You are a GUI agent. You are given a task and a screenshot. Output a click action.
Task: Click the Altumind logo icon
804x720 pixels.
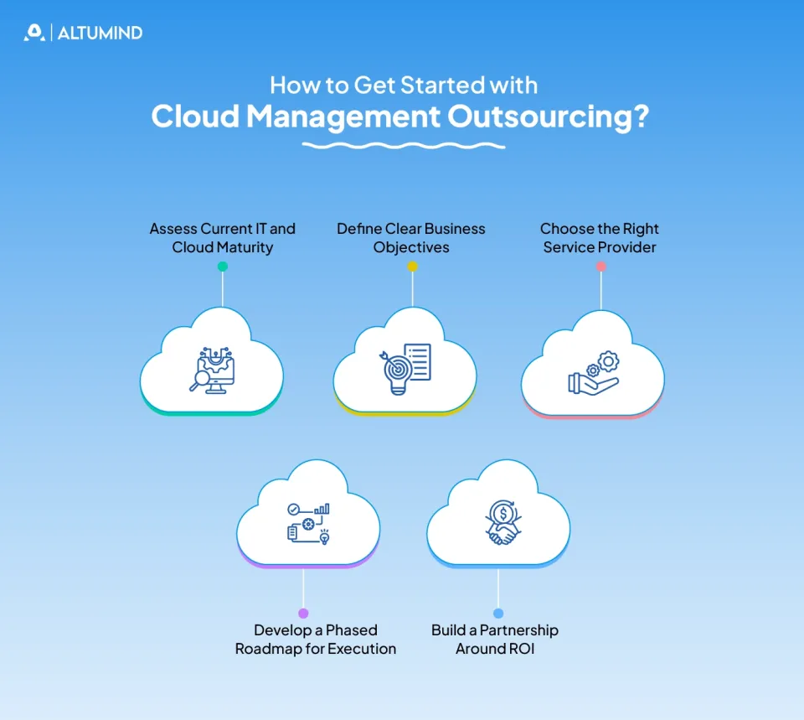[x=33, y=33]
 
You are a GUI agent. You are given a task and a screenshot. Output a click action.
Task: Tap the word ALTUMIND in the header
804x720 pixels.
[x=100, y=34]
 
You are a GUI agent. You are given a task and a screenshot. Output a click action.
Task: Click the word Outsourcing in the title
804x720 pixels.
[x=547, y=117]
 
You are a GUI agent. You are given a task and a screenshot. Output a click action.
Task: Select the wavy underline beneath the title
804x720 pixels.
[x=403, y=146]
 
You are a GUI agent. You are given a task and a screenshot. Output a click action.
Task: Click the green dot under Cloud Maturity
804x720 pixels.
[x=222, y=267]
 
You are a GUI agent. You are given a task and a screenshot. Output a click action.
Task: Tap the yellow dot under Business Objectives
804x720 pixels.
[x=412, y=267]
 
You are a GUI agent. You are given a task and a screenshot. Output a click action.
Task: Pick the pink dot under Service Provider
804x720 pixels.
[x=600, y=267]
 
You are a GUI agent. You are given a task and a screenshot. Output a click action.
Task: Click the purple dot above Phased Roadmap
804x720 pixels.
[x=303, y=614]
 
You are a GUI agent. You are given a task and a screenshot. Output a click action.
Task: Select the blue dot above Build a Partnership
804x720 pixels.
[x=498, y=614]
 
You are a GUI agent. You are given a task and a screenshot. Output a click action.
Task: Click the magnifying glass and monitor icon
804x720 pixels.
[x=213, y=369]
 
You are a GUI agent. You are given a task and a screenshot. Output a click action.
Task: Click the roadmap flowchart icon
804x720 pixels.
[x=308, y=522]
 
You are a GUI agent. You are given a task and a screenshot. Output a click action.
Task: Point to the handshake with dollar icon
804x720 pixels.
[x=501, y=522]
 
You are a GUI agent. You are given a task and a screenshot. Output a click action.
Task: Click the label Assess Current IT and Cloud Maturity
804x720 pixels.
[x=222, y=238]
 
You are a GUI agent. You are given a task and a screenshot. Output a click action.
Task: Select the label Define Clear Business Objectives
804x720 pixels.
[x=411, y=238]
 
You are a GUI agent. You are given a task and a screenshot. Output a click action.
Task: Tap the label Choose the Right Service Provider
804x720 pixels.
[x=600, y=238]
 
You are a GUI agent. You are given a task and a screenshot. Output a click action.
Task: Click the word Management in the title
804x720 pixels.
[x=342, y=117]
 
